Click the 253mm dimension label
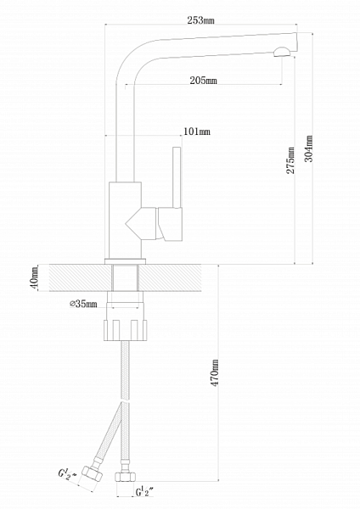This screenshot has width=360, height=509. (200, 20)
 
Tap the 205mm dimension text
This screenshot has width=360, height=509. (203, 81)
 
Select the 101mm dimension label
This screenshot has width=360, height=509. (197, 131)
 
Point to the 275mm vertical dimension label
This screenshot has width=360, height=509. (290, 160)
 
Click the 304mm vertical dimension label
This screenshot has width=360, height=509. (309, 148)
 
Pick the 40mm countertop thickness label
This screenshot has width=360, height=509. (35, 278)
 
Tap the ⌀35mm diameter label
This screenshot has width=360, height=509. (83, 305)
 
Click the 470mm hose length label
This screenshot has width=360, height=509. (215, 372)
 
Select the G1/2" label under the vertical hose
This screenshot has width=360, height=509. (144, 492)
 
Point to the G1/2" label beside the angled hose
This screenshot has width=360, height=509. (68, 473)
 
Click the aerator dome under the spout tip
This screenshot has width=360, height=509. (283, 52)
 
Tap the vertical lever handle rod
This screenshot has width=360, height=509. (177, 177)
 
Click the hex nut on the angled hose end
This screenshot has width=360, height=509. (92, 473)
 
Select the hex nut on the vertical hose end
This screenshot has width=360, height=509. (125, 477)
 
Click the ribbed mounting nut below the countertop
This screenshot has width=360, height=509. (125, 330)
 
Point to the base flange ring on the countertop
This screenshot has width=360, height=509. (125, 261)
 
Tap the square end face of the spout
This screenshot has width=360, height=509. (295, 42)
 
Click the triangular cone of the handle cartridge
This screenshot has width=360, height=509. (133, 224)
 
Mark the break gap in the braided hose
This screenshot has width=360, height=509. (125, 401)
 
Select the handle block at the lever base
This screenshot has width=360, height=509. (170, 224)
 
